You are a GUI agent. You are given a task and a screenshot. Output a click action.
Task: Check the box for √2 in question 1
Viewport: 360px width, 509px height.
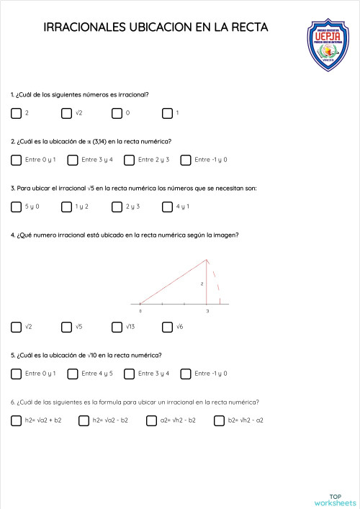click(x=67, y=113)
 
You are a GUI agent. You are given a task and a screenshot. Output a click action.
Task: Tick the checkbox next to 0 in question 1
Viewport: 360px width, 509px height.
click(x=117, y=113)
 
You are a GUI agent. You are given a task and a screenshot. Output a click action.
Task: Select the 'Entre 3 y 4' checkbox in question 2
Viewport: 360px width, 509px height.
click(x=73, y=160)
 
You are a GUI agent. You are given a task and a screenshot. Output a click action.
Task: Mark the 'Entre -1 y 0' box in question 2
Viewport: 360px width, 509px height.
click(x=186, y=160)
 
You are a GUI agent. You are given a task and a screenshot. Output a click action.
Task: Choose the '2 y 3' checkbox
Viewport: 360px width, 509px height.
click(x=117, y=207)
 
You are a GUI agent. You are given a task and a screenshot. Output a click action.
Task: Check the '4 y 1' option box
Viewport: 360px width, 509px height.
click(x=167, y=207)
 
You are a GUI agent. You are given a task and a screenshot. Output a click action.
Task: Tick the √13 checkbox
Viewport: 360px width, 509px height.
click(x=117, y=327)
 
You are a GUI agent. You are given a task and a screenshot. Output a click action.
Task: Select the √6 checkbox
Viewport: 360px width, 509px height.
click(x=167, y=327)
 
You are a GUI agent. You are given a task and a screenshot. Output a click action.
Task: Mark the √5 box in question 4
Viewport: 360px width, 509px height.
click(x=67, y=327)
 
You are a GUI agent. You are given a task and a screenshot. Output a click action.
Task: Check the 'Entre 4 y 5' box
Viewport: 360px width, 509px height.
click(x=73, y=374)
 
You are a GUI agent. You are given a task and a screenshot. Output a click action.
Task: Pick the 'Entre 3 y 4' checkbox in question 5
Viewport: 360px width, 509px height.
click(x=129, y=374)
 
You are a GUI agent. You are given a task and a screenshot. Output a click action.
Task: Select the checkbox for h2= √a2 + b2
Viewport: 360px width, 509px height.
click(x=16, y=420)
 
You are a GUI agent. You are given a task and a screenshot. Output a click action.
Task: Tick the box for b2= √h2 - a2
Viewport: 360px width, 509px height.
click(x=219, y=420)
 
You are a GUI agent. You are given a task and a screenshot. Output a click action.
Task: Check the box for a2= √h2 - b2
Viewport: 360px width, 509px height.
click(x=151, y=420)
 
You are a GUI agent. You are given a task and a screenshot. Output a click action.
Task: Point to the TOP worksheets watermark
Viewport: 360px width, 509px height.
click(x=335, y=499)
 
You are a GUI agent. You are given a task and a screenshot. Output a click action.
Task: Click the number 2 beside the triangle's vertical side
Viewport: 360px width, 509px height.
click(x=202, y=284)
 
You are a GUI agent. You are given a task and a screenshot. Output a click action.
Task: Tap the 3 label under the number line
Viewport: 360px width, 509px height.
click(x=207, y=311)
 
